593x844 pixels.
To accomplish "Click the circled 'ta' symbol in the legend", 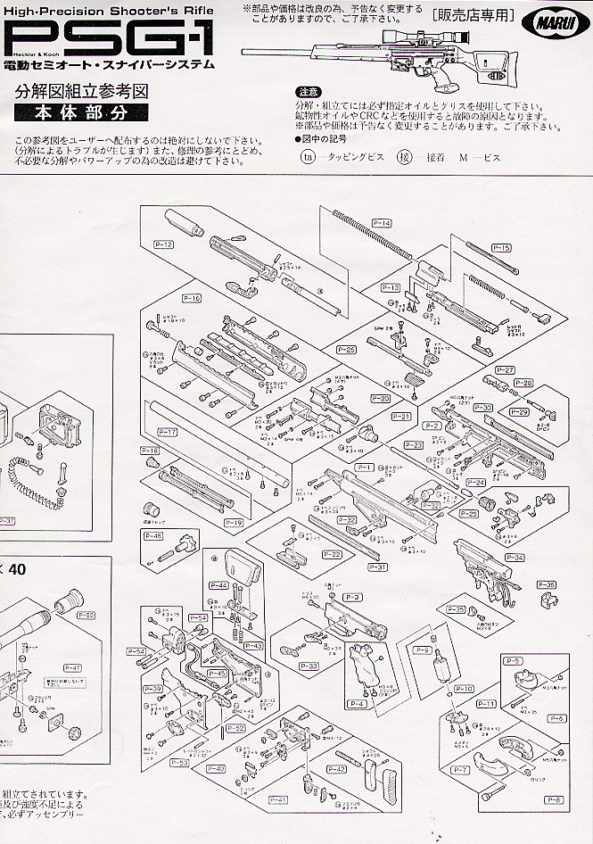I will pyautogui.click(x=307, y=154).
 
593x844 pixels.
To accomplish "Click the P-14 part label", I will pyautogui.click(x=383, y=222).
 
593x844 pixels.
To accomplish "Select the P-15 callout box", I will pyautogui.click(x=501, y=247).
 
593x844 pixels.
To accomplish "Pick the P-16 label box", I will pyautogui.click(x=192, y=297).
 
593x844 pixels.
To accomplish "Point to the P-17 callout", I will pyautogui.click(x=167, y=432).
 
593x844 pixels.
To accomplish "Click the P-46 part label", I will pyautogui.click(x=152, y=535).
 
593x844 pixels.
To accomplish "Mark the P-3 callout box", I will pyautogui.click(x=351, y=596).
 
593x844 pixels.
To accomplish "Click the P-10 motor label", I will pyautogui.click(x=464, y=689).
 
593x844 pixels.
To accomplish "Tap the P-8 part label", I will pyautogui.click(x=553, y=799).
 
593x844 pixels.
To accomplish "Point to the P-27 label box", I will pyautogui.click(x=505, y=369).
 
